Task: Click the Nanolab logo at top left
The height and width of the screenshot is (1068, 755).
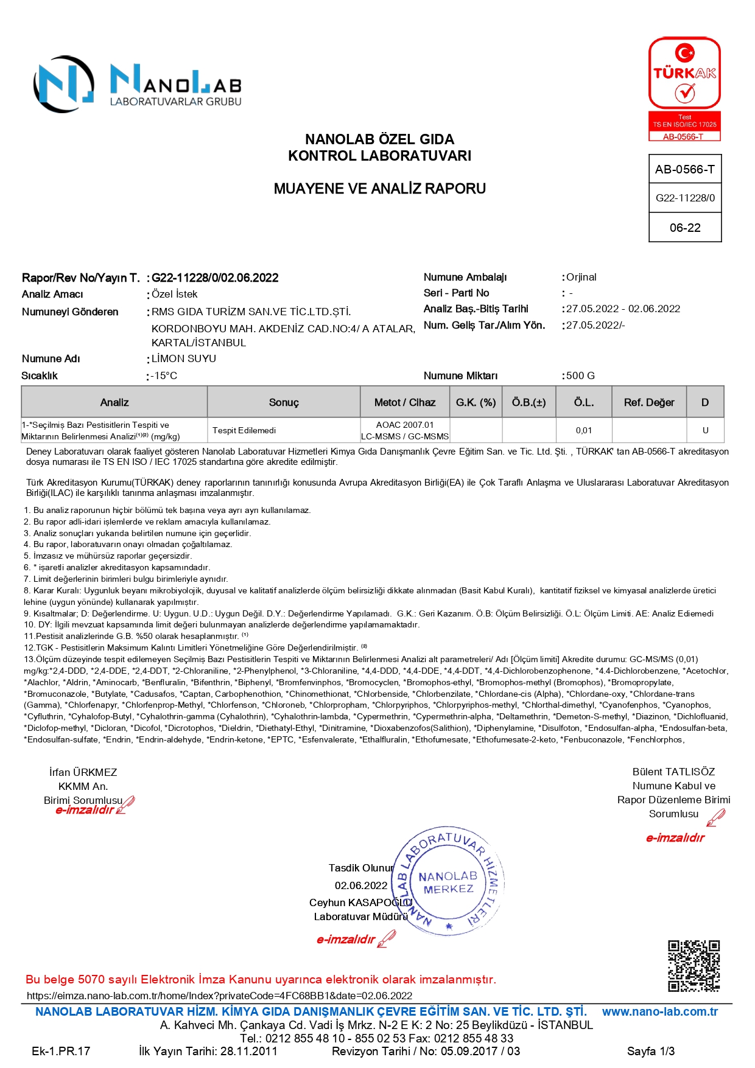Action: (x=137, y=85)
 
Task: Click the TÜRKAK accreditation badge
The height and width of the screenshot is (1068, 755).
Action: (x=684, y=89)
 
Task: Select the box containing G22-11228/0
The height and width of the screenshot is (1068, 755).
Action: (x=685, y=198)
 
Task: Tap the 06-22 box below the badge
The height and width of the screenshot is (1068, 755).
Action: (x=685, y=228)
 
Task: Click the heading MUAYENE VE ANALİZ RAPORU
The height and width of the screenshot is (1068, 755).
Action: (x=379, y=189)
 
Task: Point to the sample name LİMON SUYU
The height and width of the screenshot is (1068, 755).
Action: (x=184, y=358)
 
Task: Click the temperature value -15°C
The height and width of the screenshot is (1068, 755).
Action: (x=164, y=375)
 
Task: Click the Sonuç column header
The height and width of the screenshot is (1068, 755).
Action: (x=284, y=402)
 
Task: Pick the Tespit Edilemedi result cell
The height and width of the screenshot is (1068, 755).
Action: (x=244, y=430)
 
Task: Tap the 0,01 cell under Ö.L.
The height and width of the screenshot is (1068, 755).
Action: (x=583, y=430)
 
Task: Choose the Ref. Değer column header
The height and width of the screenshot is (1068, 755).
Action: (x=649, y=402)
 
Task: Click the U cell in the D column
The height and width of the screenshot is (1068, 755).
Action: (x=705, y=430)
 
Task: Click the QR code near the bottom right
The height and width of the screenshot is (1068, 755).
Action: (x=694, y=966)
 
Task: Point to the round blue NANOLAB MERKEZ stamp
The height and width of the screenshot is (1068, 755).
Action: (x=449, y=882)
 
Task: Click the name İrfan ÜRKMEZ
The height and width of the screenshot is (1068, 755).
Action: (x=83, y=772)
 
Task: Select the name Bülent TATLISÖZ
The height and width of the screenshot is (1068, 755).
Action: (x=673, y=772)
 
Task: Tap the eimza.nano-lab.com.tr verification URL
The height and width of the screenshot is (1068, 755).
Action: (x=219, y=996)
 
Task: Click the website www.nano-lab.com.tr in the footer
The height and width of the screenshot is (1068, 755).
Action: (x=659, y=1011)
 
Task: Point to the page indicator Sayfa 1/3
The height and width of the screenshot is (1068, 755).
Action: (x=650, y=1051)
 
